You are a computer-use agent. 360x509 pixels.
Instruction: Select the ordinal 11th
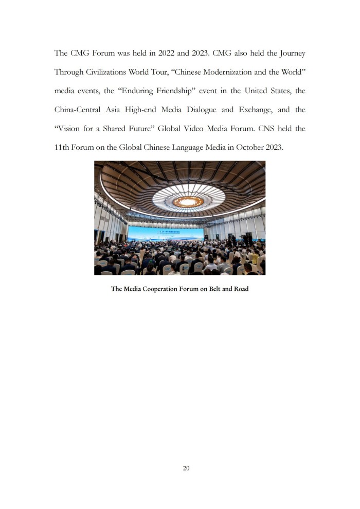coord(64,148)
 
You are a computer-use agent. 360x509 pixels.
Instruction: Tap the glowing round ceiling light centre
coord(188,201)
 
